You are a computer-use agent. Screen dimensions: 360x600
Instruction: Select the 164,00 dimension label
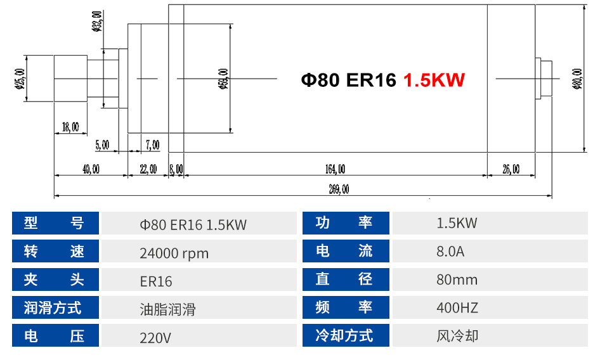[x=335, y=169]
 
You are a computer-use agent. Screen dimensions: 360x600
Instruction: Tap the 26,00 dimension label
[x=511, y=169]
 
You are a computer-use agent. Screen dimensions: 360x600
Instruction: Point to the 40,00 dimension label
[x=91, y=169]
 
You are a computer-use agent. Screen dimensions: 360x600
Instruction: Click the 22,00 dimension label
[x=148, y=169]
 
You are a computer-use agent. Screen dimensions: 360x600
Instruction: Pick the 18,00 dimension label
[x=70, y=127]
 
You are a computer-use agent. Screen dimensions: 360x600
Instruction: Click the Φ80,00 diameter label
[x=577, y=79]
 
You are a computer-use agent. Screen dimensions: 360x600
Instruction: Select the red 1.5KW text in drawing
[x=434, y=80]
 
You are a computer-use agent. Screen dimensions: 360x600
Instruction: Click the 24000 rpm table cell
[x=174, y=253]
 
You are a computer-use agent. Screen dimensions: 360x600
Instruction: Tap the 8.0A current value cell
[x=450, y=252]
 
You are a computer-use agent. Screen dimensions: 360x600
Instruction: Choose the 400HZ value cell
[x=457, y=308]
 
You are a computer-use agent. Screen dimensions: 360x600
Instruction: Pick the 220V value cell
[x=155, y=337]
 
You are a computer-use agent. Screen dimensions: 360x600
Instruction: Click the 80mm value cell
[x=457, y=280]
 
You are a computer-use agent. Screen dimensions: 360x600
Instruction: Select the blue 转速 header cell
[x=56, y=252]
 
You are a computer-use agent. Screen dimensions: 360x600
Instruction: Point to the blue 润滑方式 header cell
[x=56, y=308]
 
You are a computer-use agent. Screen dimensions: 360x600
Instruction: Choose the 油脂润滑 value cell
[x=167, y=309]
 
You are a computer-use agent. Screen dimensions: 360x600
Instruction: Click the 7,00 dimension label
[x=152, y=145]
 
